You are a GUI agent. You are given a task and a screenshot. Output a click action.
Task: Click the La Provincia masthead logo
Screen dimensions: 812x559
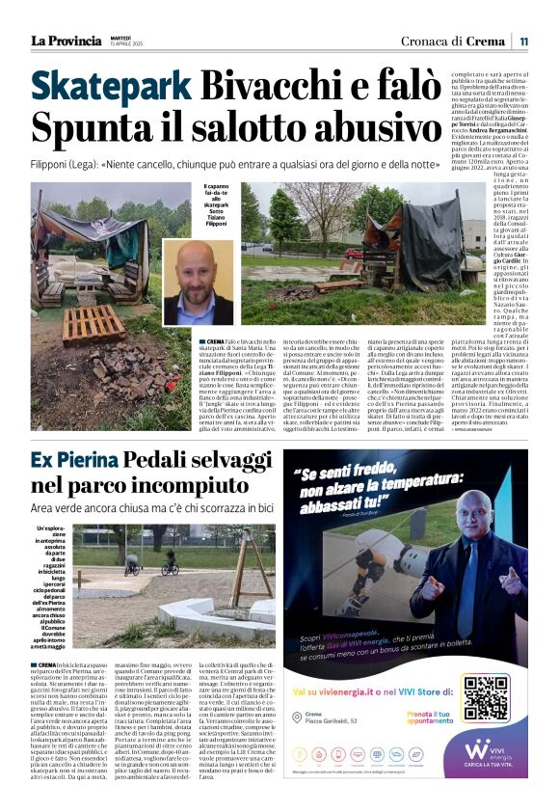66,41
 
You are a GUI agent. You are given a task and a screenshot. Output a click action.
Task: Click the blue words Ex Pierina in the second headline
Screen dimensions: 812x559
83,461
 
